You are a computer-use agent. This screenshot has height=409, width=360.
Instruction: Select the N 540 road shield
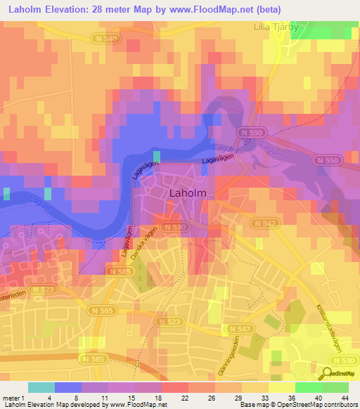102,40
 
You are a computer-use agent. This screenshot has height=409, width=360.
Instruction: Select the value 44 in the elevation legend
345,397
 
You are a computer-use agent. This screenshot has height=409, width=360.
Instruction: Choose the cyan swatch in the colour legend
41,387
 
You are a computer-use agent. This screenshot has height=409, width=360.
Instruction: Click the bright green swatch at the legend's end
335,387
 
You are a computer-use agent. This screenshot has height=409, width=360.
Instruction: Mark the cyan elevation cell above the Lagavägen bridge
156,155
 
